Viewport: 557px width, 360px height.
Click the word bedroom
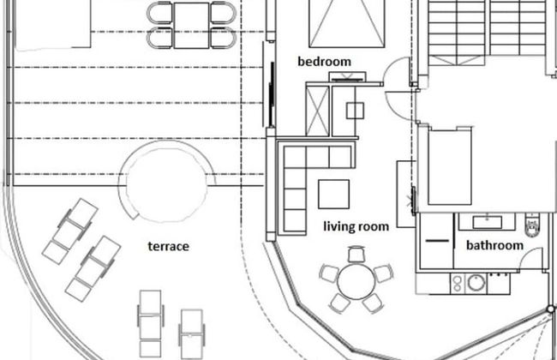[324, 62]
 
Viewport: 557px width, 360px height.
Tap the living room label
[356, 226]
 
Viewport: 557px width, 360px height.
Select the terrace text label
[168, 246]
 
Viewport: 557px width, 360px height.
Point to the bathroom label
[494, 245]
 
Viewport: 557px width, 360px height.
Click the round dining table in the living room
[356, 281]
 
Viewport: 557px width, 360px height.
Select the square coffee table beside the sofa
[333, 194]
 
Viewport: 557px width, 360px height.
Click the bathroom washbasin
[488, 222]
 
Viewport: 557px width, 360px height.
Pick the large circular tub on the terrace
[166, 181]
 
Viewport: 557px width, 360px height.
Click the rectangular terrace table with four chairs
[191, 25]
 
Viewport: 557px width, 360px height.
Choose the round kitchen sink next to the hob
[476, 283]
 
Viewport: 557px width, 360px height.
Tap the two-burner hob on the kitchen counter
[458, 283]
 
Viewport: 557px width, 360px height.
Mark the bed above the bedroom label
[347, 23]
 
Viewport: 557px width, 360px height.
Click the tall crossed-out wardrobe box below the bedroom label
[318, 111]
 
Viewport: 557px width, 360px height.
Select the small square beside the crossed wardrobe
[355, 111]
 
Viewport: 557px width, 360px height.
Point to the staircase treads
[488, 27]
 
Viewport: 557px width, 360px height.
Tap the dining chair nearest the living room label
[356, 254]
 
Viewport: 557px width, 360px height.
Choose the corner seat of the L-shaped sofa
[295, 157]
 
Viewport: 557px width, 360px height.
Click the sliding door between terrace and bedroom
[272, 94]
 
